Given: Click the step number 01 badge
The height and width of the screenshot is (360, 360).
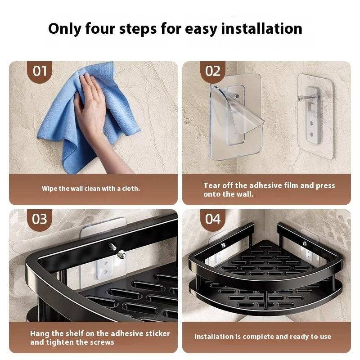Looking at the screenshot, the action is [x=40, y=72].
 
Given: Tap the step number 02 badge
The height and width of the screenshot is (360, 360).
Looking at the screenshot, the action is [x=212, y=72].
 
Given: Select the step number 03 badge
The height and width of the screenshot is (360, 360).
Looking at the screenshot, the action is [x=40, y=219].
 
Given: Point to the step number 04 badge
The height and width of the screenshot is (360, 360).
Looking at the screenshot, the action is [x=212, y=219].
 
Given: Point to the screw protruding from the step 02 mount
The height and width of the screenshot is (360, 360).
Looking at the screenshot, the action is [x=304, y=98].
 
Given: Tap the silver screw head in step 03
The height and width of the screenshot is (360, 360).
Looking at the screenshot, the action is [x=121, y=255].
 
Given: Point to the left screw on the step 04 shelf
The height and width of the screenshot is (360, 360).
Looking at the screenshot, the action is [x=223, y=245].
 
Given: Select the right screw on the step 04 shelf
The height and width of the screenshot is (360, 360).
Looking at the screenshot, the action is [x=305, y=244].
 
